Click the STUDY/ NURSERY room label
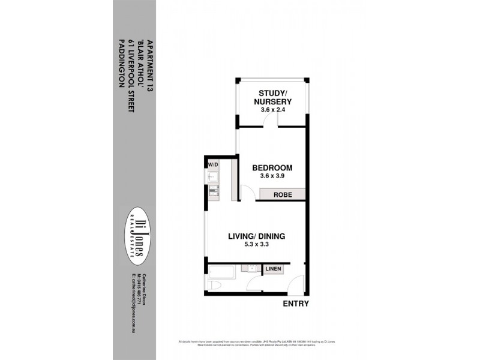(x=275, y=97)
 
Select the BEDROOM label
(x=272, y=167)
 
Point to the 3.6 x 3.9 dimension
(x=272, y=177)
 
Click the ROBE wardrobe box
(x=283, y=195)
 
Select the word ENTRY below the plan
(x=295, y=304)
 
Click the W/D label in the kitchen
(x=212, y=164)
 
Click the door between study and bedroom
(x=274, y=123)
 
